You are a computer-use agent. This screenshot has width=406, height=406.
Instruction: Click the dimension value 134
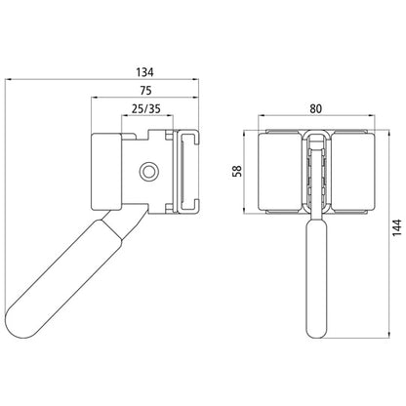coord(144,72)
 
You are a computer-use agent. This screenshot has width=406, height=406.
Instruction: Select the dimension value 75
coord(145,91)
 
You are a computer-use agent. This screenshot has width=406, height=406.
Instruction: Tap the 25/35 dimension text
coord(146,108)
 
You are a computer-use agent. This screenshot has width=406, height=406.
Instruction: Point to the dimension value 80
coord(315,108)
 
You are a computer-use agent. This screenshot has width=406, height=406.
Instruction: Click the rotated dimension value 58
coord(238,171)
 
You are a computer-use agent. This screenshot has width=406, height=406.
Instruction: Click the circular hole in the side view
coord(149,171)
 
